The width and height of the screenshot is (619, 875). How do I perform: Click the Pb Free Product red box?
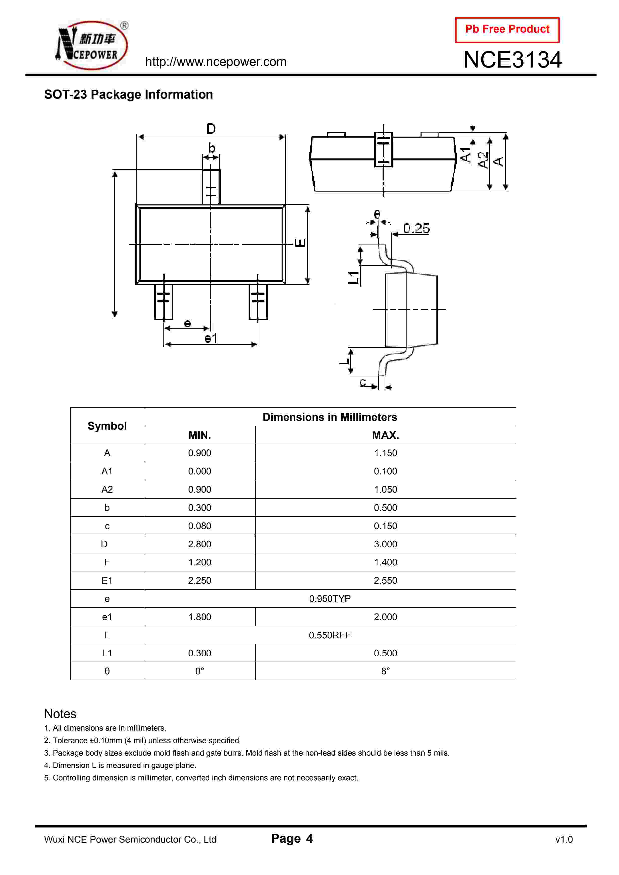click(507, 30)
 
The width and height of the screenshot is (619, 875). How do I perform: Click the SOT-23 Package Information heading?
click(129, 94)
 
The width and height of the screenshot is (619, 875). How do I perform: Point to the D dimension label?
click(211, 129)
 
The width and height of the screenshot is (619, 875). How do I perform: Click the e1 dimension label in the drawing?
click(210, 338)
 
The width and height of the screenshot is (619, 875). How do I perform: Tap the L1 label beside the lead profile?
click(354, 277)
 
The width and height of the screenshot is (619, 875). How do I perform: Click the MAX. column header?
click(385, 435)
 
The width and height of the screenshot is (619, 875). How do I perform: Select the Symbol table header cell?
click(107, 426)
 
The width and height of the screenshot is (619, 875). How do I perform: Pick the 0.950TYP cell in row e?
click(330, 599)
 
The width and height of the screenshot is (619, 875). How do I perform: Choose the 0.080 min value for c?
click(200, 526)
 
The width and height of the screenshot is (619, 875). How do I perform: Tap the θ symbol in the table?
click(107, 671)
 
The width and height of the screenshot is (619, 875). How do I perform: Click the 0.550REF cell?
click(330, 635)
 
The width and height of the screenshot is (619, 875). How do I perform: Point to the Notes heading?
click(60, 714)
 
